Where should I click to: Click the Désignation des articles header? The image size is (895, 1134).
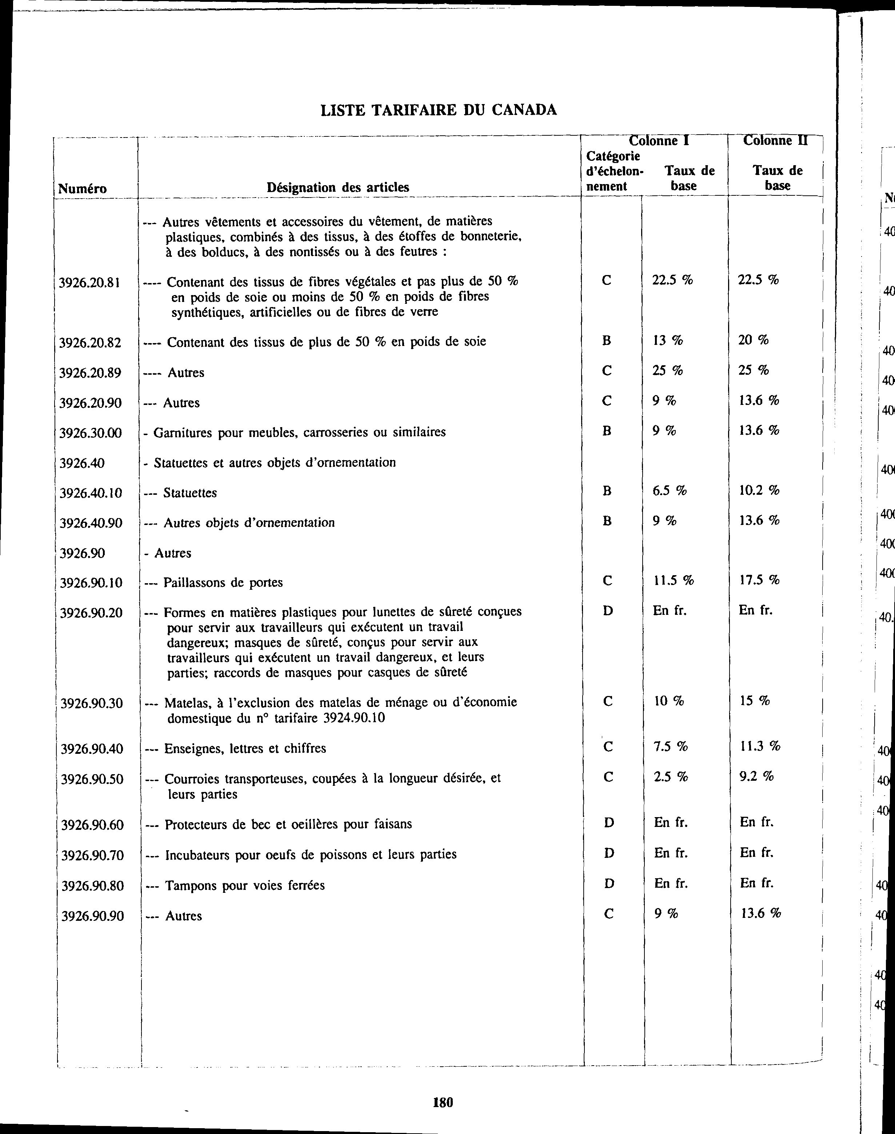(338, 187)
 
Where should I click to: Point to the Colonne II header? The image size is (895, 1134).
(775, 140)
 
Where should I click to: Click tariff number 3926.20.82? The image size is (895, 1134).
(90, 343)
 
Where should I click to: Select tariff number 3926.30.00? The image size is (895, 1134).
(90, 433)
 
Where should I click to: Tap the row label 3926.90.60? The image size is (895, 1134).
(92, 825)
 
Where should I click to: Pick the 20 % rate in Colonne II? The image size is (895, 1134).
(753, 340)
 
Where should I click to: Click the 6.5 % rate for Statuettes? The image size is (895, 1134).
(669, 491)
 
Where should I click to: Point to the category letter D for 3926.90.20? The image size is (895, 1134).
(608, 611)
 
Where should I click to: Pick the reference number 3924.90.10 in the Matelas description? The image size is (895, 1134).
(354, 718)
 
